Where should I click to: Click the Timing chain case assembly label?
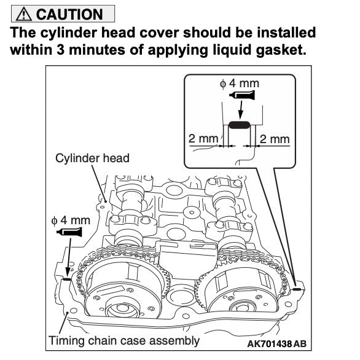(123, 340)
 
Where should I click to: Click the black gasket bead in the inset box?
(238, 125)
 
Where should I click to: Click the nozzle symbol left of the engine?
(68, 232)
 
